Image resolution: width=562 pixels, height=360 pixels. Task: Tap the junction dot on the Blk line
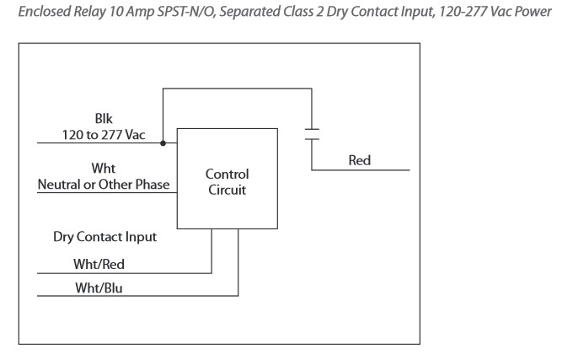point(163,142)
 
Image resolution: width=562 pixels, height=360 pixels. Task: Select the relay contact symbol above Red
point(311,132)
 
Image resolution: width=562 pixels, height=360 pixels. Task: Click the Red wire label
point(359,160)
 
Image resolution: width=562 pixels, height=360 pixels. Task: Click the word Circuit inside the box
point(227,190)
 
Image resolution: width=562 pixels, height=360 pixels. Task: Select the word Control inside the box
point(227,175)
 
